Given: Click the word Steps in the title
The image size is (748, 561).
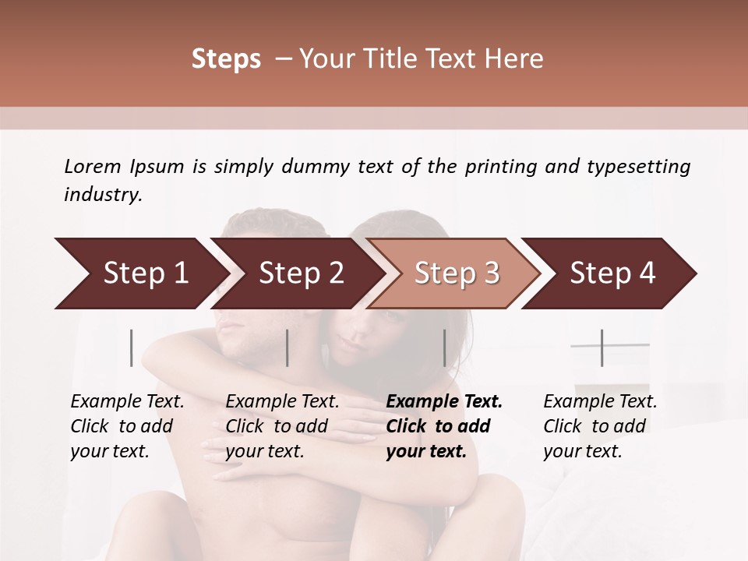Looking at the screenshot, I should click(x=226, y=59).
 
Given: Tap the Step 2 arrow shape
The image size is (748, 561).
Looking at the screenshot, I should click(x=301, y=273).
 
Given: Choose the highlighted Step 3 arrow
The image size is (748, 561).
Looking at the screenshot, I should click(x=457, y=273).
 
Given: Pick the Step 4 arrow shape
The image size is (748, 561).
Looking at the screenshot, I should click(x=612, y=273).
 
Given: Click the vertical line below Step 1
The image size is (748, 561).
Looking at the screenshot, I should click(x=132, y=348).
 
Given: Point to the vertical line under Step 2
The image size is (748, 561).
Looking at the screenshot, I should click(x=288, y=348).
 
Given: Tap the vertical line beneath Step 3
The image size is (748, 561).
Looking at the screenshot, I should click(x=444, y=348).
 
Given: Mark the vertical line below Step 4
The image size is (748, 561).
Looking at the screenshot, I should click(x=602, y=348).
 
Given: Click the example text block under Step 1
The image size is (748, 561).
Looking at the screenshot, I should click(x=127, y=426).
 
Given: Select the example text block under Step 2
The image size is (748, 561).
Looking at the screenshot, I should click(x=282, y=426).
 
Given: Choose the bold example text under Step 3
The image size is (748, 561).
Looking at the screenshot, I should click(x=443, y=426).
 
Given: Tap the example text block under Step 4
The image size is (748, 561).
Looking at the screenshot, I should click(x=600, y=426).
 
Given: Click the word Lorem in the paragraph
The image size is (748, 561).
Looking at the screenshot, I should click(x=93, y=166).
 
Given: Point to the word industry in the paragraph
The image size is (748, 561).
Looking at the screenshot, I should click(x=103, y=195).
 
